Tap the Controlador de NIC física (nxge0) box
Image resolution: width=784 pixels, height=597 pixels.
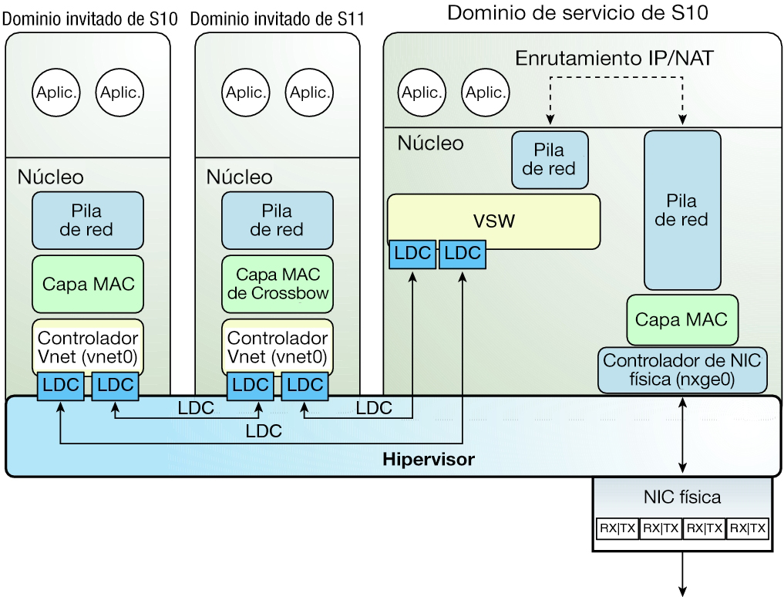[683, 370]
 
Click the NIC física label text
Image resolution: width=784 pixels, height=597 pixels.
[682, 497]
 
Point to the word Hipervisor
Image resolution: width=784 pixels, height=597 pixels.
[429, 460]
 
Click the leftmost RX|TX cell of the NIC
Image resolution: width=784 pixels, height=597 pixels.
[617, 528]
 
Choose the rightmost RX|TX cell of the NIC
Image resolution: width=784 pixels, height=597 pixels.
[748, 528]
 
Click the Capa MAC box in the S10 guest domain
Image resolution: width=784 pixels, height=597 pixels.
[88, 284]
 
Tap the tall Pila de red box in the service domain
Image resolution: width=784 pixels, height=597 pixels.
[683, 210]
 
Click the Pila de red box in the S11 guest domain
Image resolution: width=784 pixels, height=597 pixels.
[278, 219]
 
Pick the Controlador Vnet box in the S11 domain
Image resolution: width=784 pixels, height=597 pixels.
[278, 346]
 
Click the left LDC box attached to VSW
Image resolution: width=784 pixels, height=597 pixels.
[412, 253]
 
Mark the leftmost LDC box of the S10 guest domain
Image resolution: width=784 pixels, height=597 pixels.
[59, 386]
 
